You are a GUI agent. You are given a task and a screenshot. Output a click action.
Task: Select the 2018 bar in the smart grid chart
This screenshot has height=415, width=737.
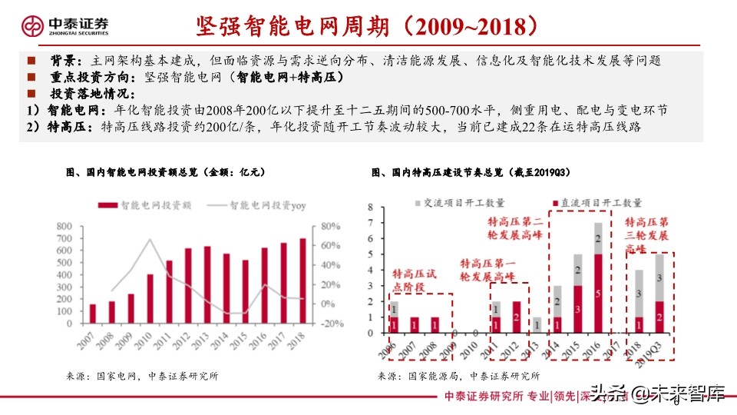click(x=302, y=281)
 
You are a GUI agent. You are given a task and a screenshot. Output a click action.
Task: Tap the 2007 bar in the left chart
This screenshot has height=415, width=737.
click(x=93, y=314)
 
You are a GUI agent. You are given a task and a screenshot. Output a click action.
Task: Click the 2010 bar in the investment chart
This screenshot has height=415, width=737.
click(x=150, y=298)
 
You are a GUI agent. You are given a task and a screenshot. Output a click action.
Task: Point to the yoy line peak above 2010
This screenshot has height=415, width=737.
click(x=149, y=240)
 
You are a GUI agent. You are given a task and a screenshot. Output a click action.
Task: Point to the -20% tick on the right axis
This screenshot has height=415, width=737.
click(x=332, y=324)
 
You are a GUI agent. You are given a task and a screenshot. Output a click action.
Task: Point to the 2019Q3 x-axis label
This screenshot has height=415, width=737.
click(x=656, y=350)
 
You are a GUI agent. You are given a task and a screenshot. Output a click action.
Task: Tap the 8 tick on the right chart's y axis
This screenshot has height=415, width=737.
click(x=371, y=207)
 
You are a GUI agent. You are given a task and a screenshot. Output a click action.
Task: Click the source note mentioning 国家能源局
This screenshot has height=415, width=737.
click(x=459, y=377)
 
